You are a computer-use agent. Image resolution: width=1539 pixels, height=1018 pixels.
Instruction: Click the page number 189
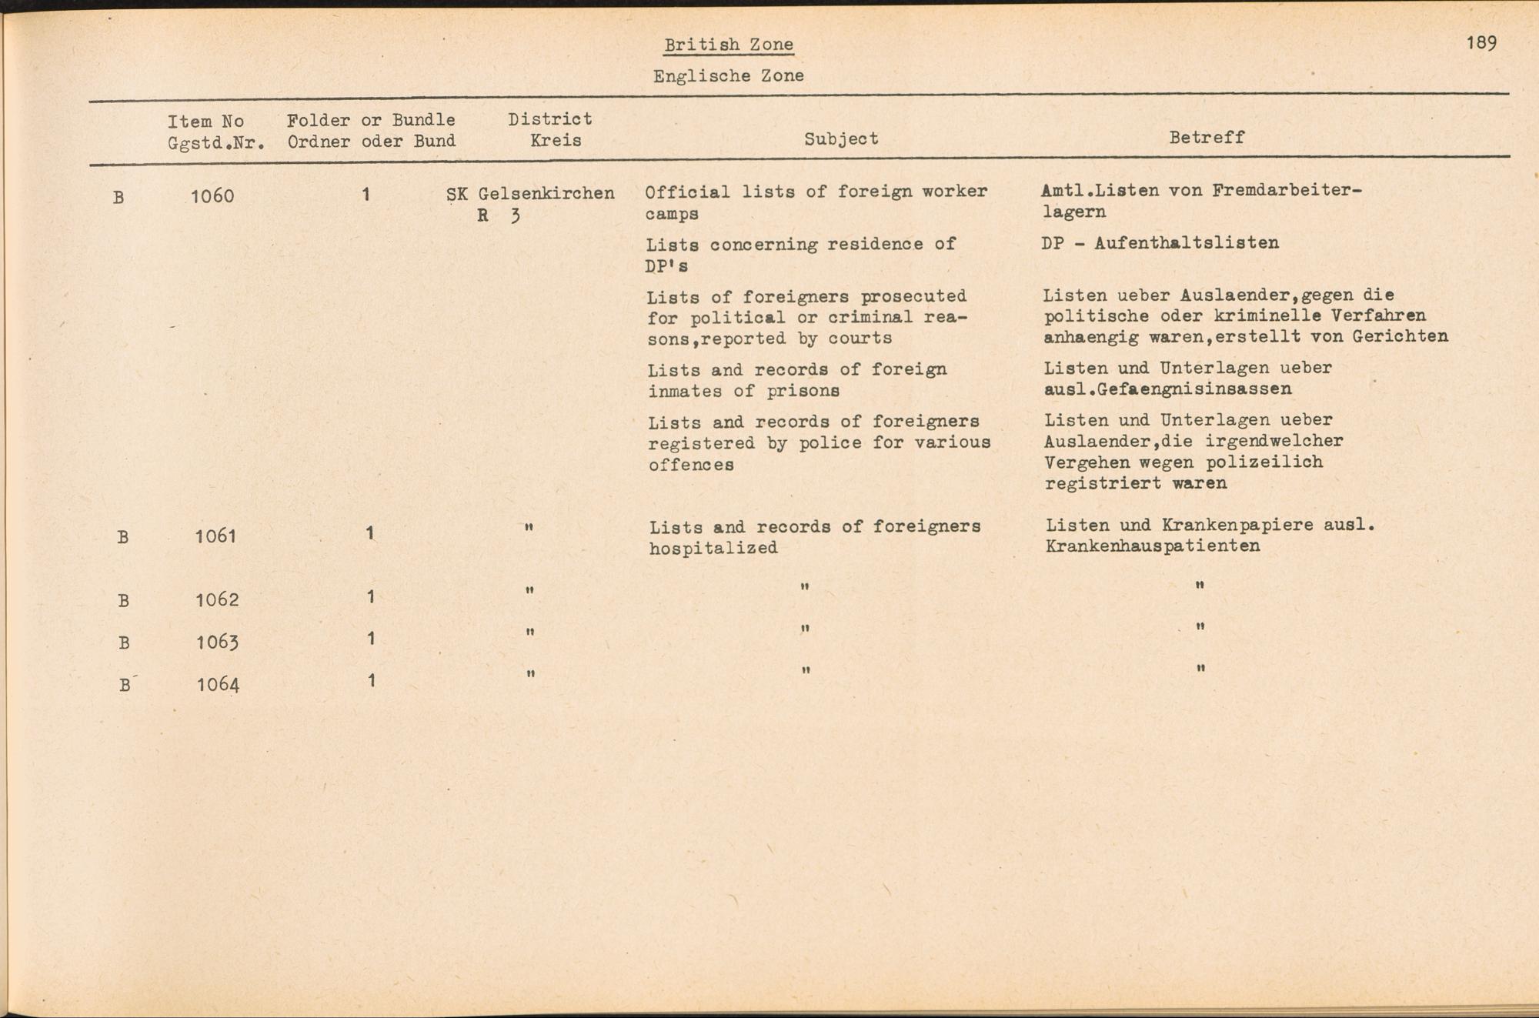pyautogui.click(x=1481, y=42)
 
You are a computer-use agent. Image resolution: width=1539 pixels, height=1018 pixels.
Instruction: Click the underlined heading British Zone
pyautogui.click(x=728, y=45)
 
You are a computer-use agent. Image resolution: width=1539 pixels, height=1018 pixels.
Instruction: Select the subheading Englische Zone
pyautogui.click(x=728, y=75)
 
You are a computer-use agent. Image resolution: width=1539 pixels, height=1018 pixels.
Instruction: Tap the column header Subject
pyautogui.click(x=840, y=139)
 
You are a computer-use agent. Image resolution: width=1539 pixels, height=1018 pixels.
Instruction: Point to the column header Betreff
pyautogui.click(x=1206, y=138)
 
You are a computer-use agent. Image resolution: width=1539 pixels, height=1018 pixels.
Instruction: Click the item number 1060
pyautogui.click(x=212, y=196)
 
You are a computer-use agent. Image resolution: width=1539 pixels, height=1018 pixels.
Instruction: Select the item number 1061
pyautogui.click(x=215, y=536)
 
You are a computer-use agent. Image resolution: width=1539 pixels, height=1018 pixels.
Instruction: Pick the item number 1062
pyautogui.click(x=217, y=599)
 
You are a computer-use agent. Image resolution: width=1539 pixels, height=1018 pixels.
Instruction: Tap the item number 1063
pyautogui.click(x=217, y=642)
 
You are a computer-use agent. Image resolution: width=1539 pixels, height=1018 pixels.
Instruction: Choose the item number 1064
pyautogui.click(x=218, y=684)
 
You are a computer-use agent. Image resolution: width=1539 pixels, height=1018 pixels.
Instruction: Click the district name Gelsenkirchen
pyautogui.click(x=546, y=194)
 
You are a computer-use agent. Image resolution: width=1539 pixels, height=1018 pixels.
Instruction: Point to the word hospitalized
pyautogui.click(x=713, y=548)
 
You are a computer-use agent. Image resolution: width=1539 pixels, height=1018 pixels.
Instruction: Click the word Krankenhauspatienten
pyautogui.click(x=1152, y=546)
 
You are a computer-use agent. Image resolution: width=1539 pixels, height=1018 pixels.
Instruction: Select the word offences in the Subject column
pyautogui.click(x=690, y=465)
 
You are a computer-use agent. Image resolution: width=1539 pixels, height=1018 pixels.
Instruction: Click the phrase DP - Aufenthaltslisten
pyautogui.click(x=1160, y=243)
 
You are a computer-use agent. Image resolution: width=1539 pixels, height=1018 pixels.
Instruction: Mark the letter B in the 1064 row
pyautogui.click(x=125, y=685)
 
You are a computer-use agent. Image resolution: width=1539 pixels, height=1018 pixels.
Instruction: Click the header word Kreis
pyautogui.click(x=555, y=141)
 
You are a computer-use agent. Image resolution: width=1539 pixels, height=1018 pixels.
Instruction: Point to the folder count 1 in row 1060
pyautogui.click(x=366, y=195)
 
